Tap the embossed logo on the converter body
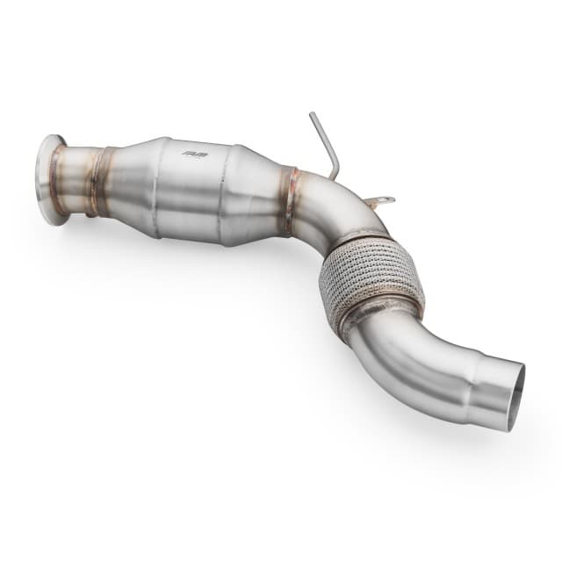tap(191, 155)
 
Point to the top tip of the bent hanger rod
tap(311, 115)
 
